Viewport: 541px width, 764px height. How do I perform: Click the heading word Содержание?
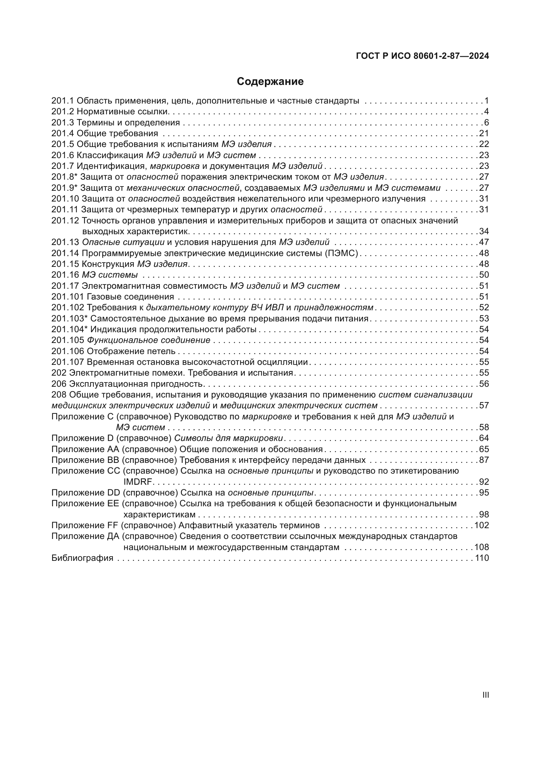coord(270,82)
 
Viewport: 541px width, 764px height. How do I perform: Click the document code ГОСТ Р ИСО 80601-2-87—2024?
coord(422,56)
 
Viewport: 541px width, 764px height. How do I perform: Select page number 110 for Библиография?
coord(482,558)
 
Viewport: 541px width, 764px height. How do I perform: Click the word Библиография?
coord(82,558)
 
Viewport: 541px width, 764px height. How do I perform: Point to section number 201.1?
coord(62,101)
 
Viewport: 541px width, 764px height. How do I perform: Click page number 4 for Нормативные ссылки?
coord(486,111)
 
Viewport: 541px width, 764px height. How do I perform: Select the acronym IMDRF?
coord(138,482)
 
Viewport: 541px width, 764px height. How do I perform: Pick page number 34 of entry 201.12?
coord(484,231)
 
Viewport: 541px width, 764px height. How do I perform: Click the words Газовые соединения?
coord(130,297)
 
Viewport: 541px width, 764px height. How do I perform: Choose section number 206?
coord(59,384)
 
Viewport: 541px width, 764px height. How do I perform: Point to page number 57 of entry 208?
coord(484,406)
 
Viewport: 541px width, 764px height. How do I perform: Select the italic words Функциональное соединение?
coord(148,340)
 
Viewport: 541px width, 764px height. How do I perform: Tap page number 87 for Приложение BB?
coord(484,460)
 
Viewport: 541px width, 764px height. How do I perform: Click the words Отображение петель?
coord(131,351)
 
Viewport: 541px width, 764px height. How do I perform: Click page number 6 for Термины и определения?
coord(486,123)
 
